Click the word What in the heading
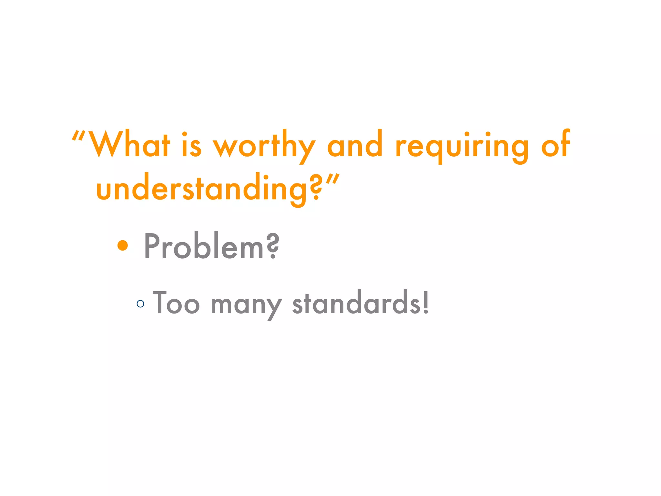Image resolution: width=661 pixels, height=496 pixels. [129, 144]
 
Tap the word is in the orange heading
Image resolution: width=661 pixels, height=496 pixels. [191, 145]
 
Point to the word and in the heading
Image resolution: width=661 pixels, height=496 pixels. [355, 144]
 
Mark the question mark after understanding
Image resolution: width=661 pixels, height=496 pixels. [317, 187]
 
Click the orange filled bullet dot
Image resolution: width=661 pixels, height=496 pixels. [123, 245]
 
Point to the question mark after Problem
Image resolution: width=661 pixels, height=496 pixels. [273, 246]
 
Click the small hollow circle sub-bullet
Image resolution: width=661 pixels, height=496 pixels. [140, 304]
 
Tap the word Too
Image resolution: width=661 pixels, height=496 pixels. [176, 303]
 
